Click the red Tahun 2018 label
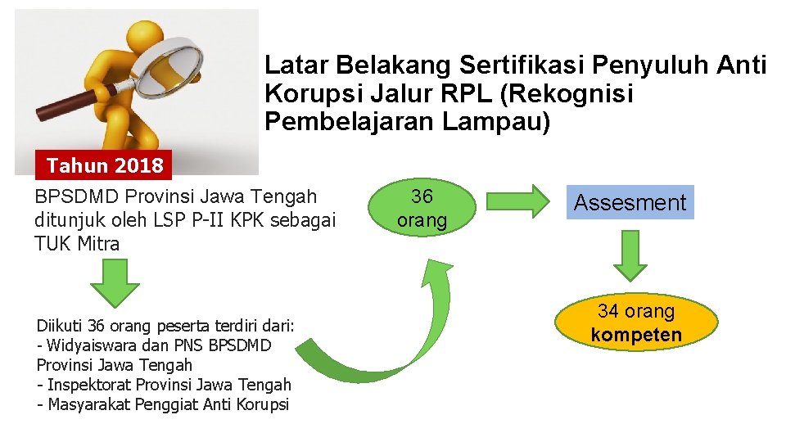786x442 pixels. point(105,166)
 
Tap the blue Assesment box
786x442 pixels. point(630,202)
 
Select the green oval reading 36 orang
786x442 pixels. point(422,209)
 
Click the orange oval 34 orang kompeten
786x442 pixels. point(636,322)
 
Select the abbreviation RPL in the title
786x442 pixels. point(463,94)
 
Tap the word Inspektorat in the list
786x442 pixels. point(88,385)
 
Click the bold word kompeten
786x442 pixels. point(636,334)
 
